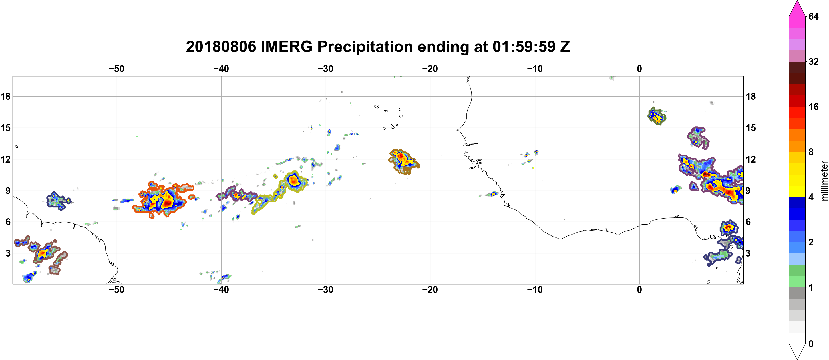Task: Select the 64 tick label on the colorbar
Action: pyautogui.click(x=814, y=16)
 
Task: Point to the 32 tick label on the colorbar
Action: pyautogui.click(x=814, y=61)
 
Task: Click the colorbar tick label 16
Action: pyautogui.click(x=814, y=107)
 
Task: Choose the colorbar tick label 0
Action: pyautogui.click(x=811, y=344)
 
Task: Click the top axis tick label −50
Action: pyautogui.click(x=116, y=69)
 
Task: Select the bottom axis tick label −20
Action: pyautogui.click(x=430, y=290)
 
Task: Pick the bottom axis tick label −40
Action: pyautogui.click(x=221, y=290)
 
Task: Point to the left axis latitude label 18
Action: pyautogui.click(x=5, y=96)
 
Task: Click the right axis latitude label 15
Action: pyautogui.click(x=751, y=128)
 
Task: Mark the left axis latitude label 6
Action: pyautogui.click(x=8, y=222)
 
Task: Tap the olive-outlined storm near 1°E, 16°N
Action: pyautogui.click(x=657, y=116)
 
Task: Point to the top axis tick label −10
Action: pyautogui.click(x=535, y=69)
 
